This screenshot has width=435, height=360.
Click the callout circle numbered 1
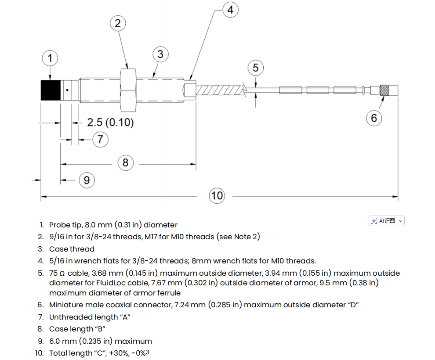50,58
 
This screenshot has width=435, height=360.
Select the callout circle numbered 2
117,23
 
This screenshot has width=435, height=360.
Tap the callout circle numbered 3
160,54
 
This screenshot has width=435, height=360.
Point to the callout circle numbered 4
230,10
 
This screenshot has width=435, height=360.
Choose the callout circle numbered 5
255,68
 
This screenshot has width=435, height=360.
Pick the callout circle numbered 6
374,118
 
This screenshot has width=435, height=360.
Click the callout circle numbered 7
100,139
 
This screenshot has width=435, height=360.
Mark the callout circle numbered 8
125,163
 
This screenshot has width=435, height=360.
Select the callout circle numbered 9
87,180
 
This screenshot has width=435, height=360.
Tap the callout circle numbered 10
217,195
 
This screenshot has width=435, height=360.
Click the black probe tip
50,90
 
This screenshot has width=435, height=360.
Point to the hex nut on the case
127,89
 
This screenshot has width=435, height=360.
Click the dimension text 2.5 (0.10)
110,122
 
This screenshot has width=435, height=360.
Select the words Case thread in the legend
72,249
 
